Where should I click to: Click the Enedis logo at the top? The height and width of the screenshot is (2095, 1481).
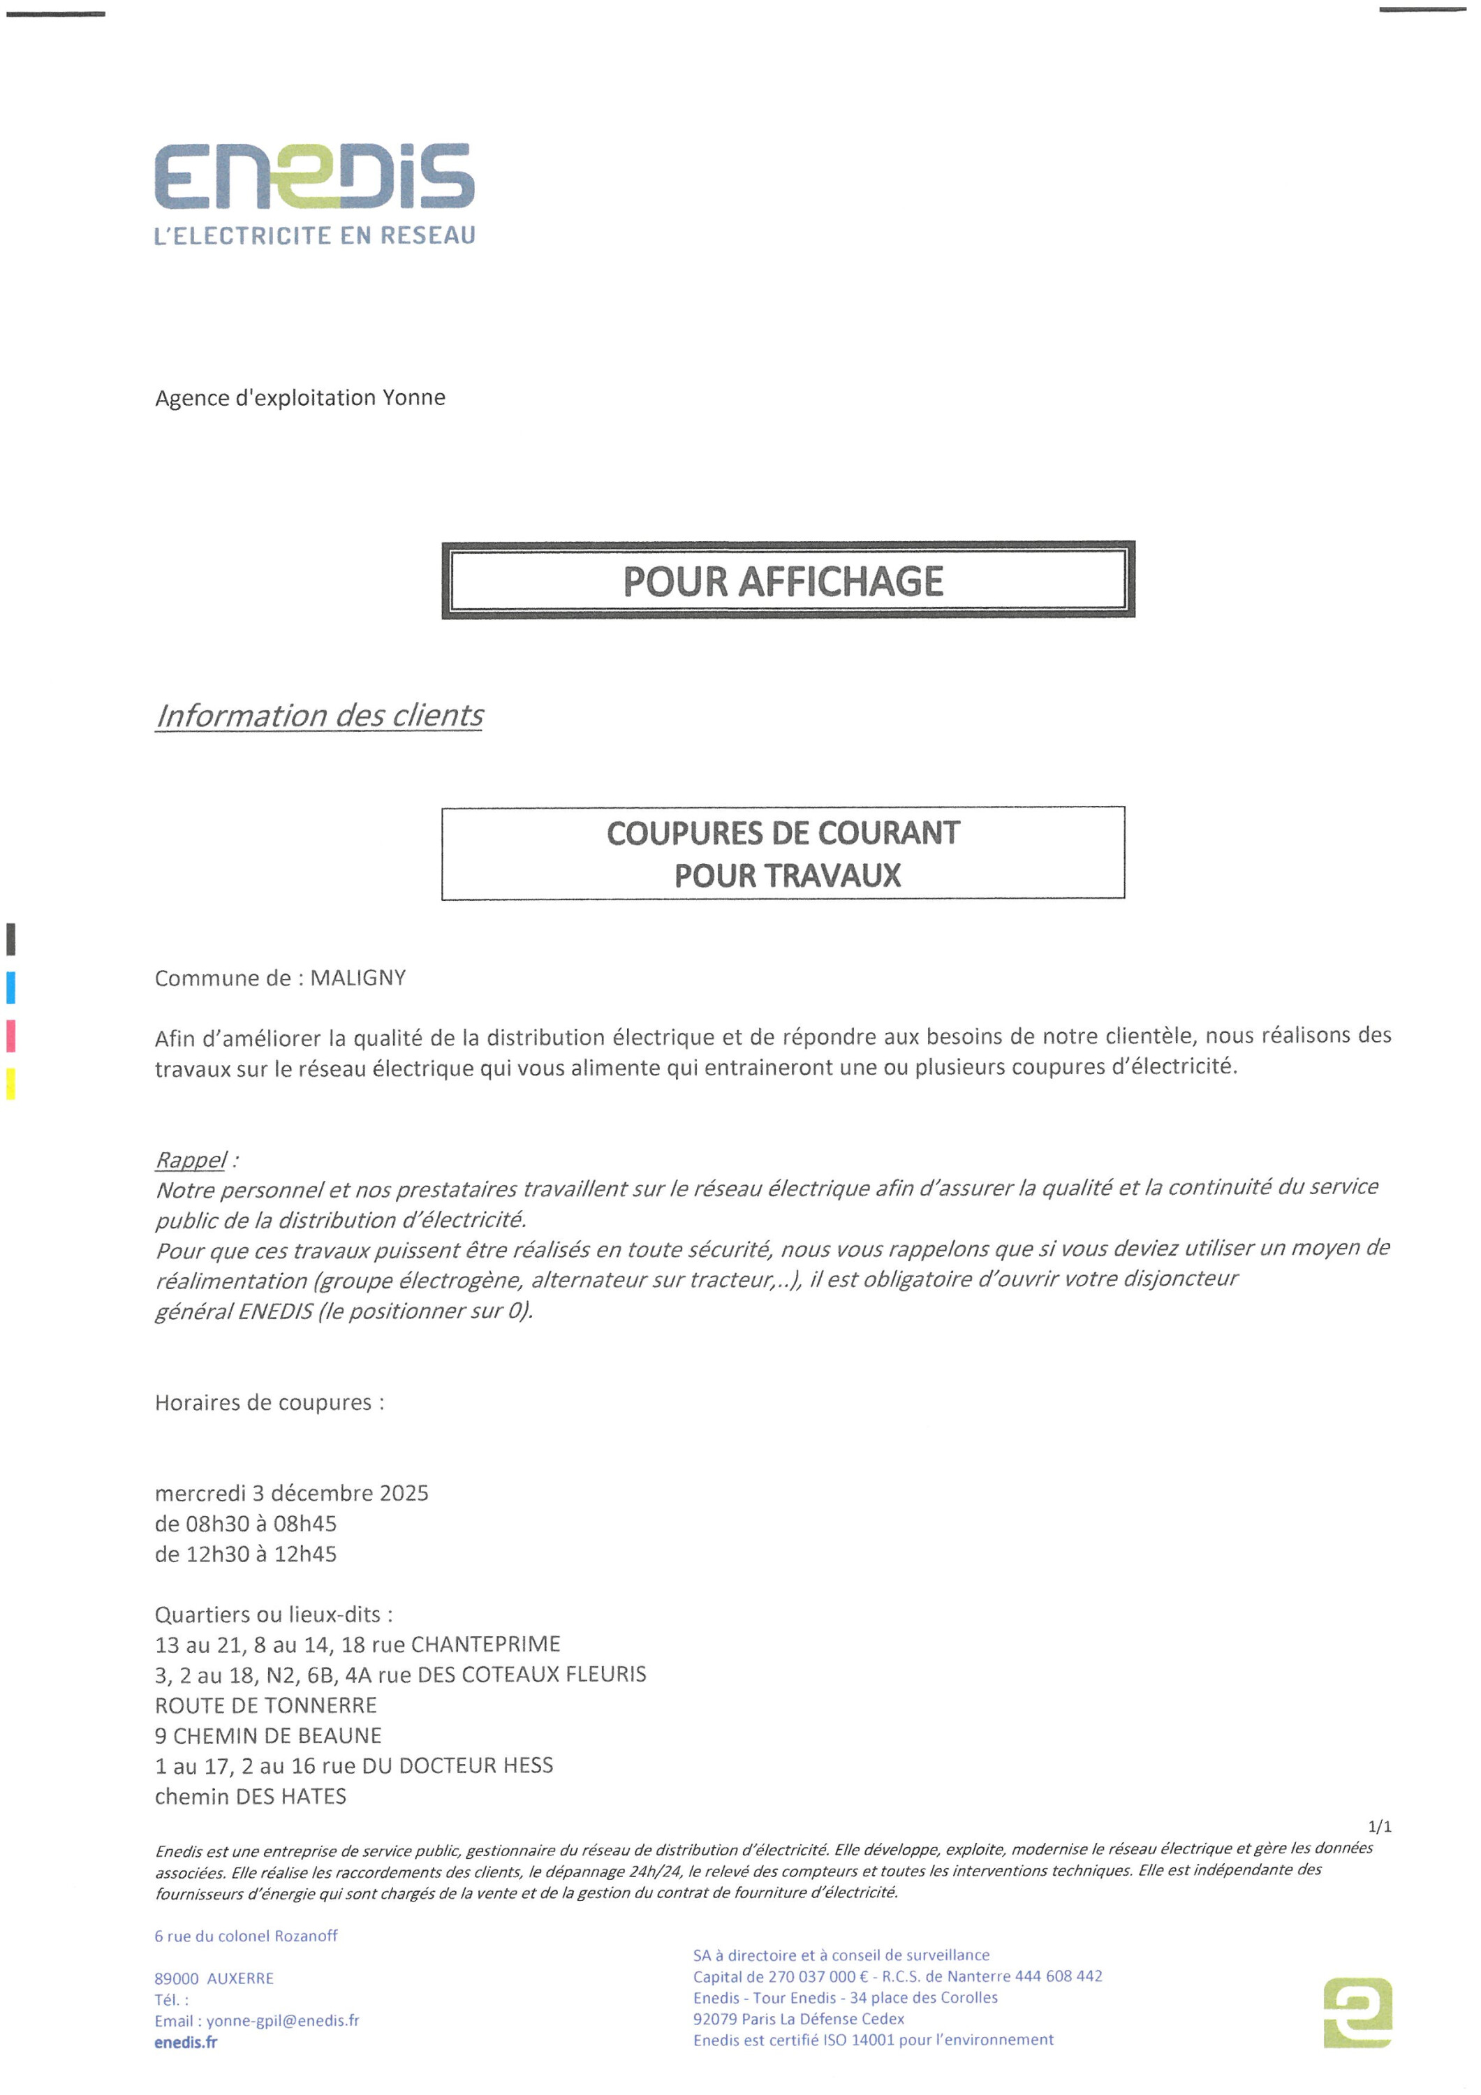tap(314, 175)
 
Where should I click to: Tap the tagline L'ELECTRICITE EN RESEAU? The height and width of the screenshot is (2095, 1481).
tap(315, 235)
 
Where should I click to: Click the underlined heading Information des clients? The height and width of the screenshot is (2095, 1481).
tap(318, 715)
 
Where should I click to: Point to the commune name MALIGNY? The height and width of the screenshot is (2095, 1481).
tap(358, 978)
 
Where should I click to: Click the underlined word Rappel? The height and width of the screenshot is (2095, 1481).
tap(190, 1160)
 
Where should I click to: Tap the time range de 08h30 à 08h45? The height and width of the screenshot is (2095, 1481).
tap(246, 1523)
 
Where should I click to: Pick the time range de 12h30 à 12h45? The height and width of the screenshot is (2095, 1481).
tap(246, 1553)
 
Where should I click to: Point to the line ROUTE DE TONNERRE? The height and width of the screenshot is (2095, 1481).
tap(265, 1705)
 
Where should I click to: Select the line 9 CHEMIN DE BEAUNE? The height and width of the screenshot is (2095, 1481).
tap(268, 1735)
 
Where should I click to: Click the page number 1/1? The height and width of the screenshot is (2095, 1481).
tap(1380, 1826)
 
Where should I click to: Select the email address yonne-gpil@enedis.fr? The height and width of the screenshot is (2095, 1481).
tap(283, 2020)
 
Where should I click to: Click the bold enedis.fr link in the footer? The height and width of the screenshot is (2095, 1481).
tap(186, 2042)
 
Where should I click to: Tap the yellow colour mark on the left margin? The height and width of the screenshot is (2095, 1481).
tap(11, 1083)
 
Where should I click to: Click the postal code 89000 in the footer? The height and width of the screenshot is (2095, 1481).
tap(176, 1978)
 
